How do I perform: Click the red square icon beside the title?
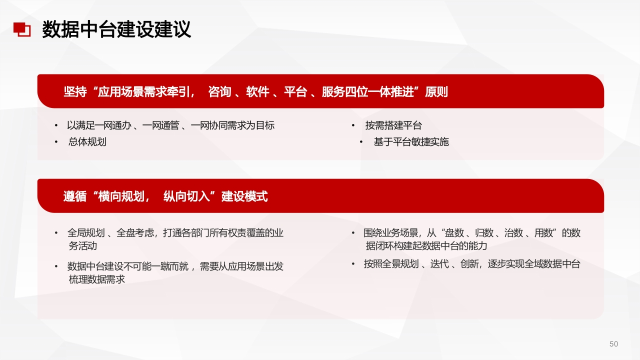22,29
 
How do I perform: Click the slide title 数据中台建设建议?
116,29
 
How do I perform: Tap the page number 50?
613,343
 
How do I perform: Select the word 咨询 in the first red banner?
219,91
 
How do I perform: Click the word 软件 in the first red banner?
257,91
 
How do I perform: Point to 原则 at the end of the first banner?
436,91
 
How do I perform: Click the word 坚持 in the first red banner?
75,91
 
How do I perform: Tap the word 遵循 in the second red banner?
75,196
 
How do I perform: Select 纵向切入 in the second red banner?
186,196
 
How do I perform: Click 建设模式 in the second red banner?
244,196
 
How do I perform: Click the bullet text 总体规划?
87,141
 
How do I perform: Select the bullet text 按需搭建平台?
393,125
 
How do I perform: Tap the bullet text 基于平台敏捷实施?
411,141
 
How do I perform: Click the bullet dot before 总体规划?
56,141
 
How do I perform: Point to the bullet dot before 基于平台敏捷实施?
361,141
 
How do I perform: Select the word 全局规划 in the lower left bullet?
86,233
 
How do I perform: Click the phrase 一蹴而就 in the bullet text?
169,266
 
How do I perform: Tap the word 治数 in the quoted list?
513,233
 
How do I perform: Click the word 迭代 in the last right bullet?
439,264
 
